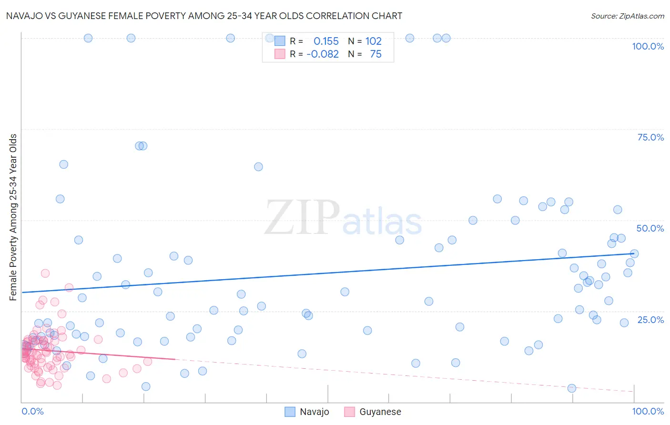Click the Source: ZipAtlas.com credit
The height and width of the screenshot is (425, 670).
(627, 16)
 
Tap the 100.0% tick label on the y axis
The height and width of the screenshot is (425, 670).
(648, 46)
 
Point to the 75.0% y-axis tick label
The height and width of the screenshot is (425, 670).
(650, 137)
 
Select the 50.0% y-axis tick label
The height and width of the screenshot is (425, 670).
(650, 228)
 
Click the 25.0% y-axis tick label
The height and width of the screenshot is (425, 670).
(650, 319)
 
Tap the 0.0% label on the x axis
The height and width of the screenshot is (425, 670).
(32, 411)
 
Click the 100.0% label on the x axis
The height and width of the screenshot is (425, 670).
(648, 411)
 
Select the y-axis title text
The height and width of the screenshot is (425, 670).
(13, 217)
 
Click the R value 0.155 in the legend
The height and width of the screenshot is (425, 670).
(326, 41)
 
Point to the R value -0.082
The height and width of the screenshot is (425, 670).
(323, 54)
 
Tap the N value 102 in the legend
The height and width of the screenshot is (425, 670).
(374, 41)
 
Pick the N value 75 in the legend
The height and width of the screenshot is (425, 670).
(376, 54)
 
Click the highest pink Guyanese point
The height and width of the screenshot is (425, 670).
(45, 273)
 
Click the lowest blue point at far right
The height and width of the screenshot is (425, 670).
(572, 388)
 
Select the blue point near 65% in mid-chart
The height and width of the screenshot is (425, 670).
(258, 167)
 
